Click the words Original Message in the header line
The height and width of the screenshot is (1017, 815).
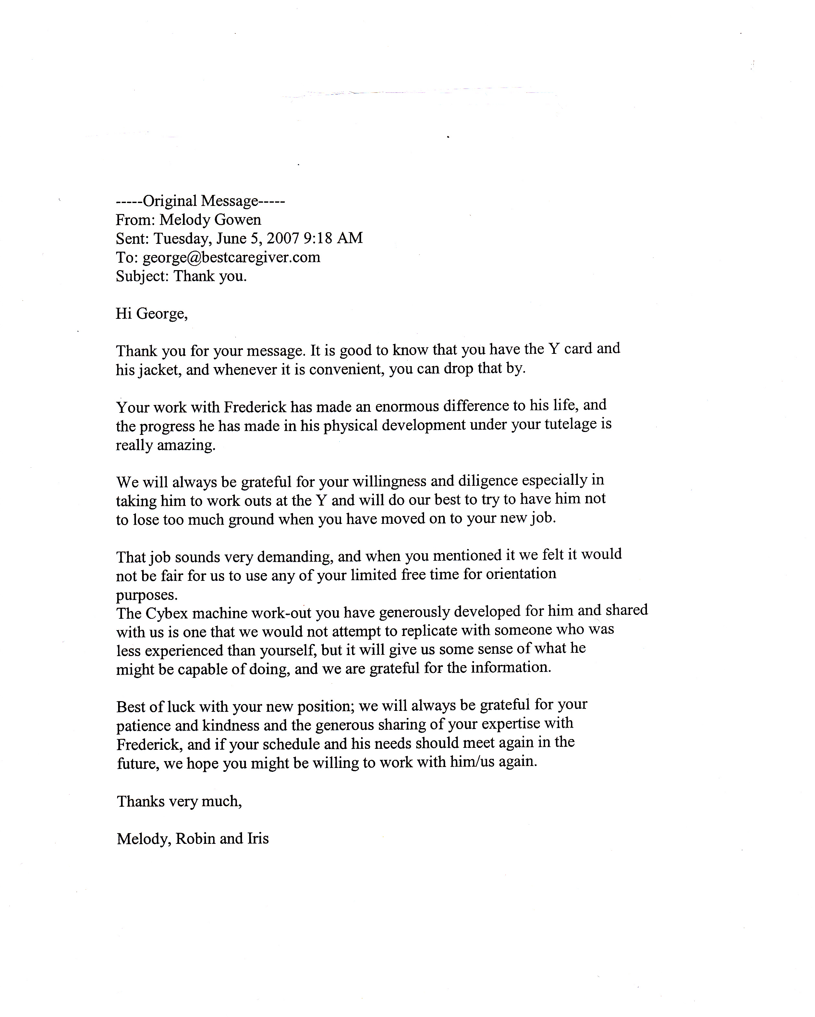tap(200, 201)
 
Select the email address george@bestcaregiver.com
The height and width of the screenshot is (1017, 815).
tap(231, 257)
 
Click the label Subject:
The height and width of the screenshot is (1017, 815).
tap(142, 276)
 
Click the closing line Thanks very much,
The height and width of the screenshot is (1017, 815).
tap(179, 801)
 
